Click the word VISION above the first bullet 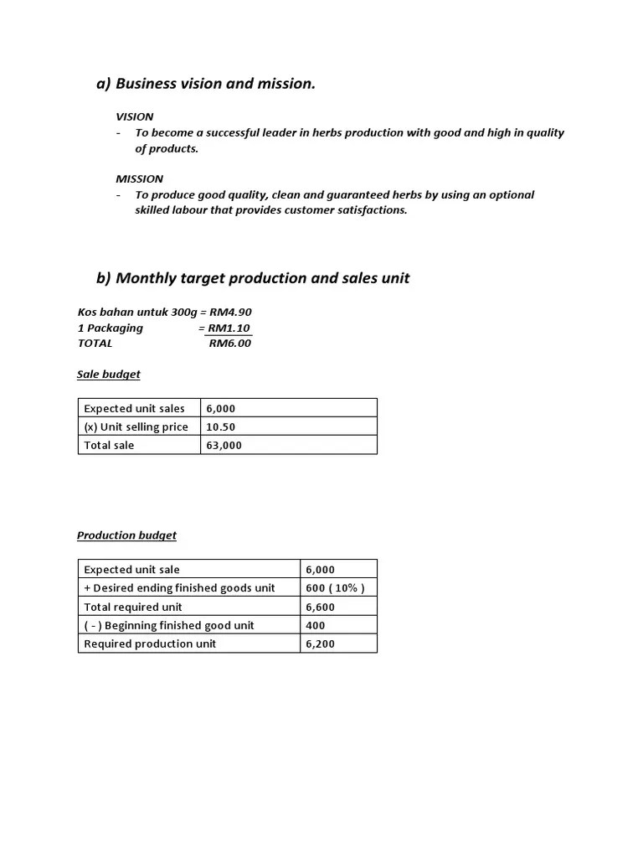(134, 116)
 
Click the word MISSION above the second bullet (139, 178)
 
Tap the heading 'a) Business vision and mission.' (206, 84)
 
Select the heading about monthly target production (253, 278)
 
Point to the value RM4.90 (230, 313)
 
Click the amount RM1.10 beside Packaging (229, 328)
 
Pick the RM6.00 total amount (229, 343)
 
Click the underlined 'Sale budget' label (109, 375)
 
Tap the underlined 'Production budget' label (126, 535)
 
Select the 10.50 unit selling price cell (220, 426)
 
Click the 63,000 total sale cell (224, 445)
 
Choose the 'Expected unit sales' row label (134, 408)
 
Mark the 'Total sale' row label (109, 445)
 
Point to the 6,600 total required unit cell (320, 607)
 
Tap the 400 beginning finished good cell (316, 625)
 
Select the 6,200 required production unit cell (320, 643)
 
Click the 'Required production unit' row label (150, 643)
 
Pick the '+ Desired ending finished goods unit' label (179, 588)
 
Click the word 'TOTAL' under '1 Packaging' (95, 343)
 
